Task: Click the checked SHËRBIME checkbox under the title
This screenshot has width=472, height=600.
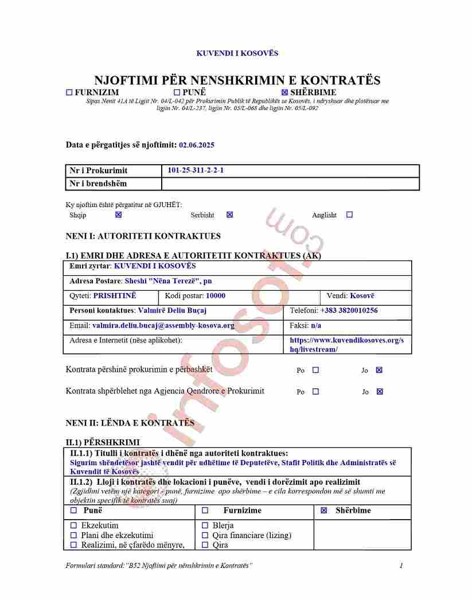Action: pyautogui.click(x=284, y=92)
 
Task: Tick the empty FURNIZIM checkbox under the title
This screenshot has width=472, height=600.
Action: pyautogui.click(x=69, y=92)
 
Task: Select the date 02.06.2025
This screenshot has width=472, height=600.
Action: pyautogui.click(x=197, y=145)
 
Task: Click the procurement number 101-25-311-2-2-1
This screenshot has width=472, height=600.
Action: pyautogui.click(x=196, y=170)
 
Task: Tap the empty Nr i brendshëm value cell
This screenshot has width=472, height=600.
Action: pyautogui.click(x=290, y=184)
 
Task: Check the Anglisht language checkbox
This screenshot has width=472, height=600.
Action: pyautogui.click(x=350, y=215)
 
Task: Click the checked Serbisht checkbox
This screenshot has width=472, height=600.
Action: pyautogui.click(x=230, y=215)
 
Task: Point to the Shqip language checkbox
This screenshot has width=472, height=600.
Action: pyautogui.click(x=119, y=215)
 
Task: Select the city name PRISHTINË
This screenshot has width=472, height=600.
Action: pyautogui.click(x=115, y=296)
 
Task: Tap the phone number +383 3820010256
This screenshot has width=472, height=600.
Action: pyautogui.click(x=349, y=310)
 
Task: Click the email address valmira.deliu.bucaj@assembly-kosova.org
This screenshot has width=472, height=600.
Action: pyautogui.click(x=163, y=325)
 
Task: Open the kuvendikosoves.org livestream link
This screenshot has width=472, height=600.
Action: pyautogui.click(x=346, y=345)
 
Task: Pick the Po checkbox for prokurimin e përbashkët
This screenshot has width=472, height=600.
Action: pyautogui.click(x=315, y=370)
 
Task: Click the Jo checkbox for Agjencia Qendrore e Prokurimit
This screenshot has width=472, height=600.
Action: pyautogui.click(x=379, y=392)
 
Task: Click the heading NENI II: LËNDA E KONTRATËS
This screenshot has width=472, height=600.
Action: pyautogui.click(x=130, y=423)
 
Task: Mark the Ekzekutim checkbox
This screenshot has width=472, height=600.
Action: pyautogui.click(x=73, y=525)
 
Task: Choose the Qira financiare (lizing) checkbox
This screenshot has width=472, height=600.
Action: pyautogui.click(x=205, y=535)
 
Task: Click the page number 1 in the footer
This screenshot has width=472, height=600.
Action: pyautogui.click(x=401, y=566)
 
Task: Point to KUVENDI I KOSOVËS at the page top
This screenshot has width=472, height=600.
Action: pyautogui.click(x=237, y=53)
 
